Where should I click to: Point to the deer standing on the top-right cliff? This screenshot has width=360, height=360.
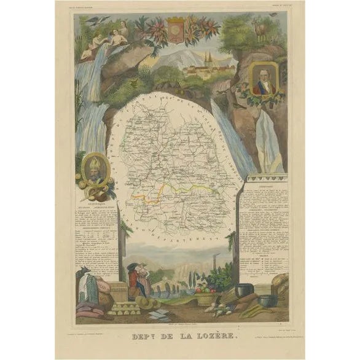tap(263, 29)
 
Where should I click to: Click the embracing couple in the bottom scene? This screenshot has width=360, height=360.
tap(139, 278)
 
